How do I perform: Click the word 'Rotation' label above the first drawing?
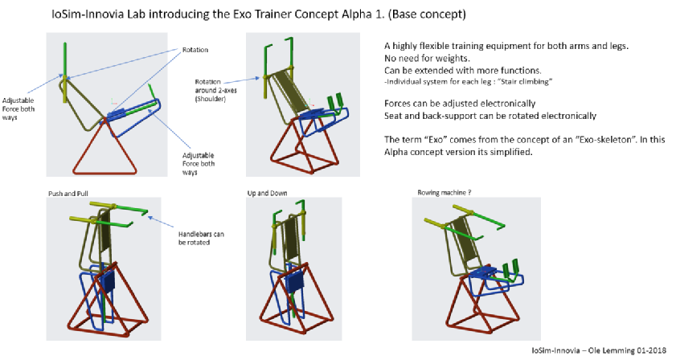pyautogui.click(x=195, y=50)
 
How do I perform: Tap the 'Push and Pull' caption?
pyautogui.click(x=68, y=194)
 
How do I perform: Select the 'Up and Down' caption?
pyautogui.click(x=268, y=193)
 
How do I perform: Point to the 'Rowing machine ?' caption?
pyautogui.click(x=444, y=193)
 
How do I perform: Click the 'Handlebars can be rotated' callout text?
pyautogui.click(x=201, y=239)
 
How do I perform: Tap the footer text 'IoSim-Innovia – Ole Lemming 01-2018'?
pyautogui.click(x=599, y=350)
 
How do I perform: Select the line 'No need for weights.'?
pyautogui.click(x=427, y=58)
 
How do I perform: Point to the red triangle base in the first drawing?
pyautogui.click(x=105, y=145)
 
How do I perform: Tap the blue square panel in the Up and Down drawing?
pyautogui.click(x=294, y=282)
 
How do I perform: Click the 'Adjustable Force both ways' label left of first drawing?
pyautogui.click(x=18, y=109)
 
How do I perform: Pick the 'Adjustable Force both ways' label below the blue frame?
pyautogui.click(x=199, y=164)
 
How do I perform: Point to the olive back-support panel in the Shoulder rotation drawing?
pyautogui.click(x=294, y=92)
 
